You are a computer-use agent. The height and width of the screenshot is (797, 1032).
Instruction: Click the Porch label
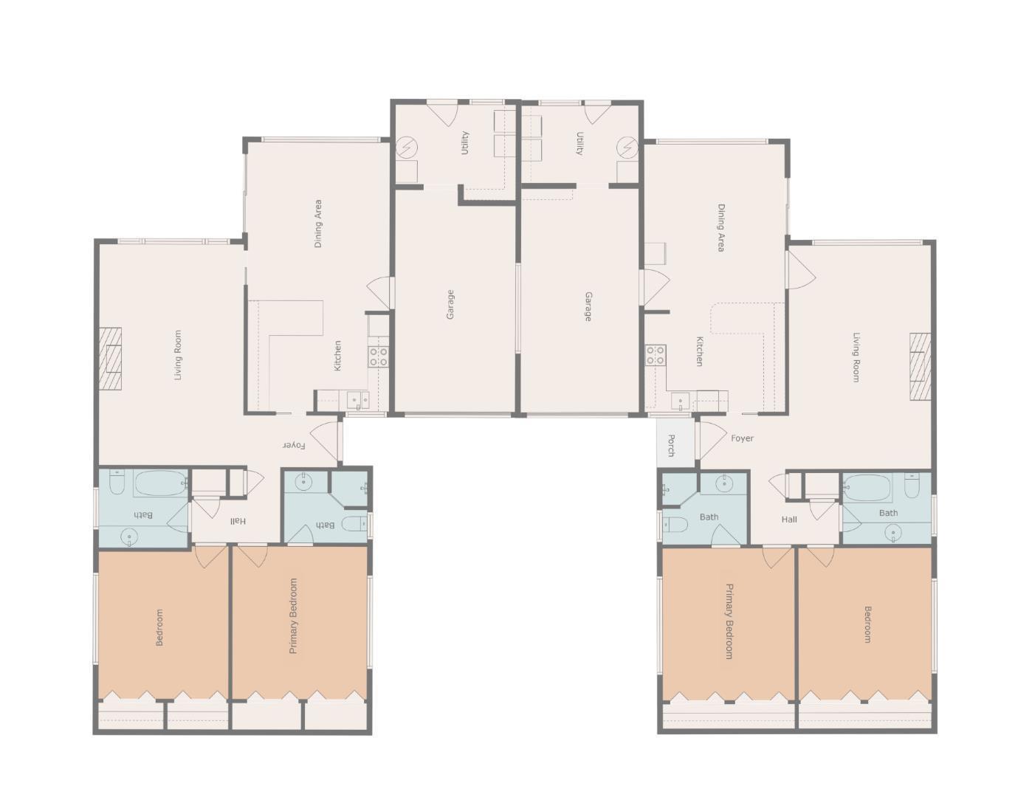[671, 445]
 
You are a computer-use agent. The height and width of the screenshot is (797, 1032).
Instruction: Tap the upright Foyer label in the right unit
[742, 438]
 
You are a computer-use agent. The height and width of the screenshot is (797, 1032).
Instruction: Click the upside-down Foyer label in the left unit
[294, 445]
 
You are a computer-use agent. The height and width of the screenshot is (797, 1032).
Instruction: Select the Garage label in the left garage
[450, 304]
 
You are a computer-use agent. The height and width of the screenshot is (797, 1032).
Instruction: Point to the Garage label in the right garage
[588, 307]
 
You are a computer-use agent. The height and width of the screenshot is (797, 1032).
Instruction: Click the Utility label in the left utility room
[465, 143]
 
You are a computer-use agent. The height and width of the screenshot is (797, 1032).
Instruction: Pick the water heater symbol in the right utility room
[627, 148]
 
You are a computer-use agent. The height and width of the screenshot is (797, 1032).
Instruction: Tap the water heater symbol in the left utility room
[406, 147]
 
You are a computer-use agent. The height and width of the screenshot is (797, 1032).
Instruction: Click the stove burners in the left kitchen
[379, 356]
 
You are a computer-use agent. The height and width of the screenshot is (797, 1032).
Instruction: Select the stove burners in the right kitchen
[655, 355]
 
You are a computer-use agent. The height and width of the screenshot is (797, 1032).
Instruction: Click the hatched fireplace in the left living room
[110, 359]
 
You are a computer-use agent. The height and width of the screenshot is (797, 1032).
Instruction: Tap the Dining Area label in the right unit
[721, 228]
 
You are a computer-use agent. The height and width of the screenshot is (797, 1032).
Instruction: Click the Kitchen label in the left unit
[337, 356]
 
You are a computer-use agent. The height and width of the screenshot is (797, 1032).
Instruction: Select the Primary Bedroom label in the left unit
[294, 615]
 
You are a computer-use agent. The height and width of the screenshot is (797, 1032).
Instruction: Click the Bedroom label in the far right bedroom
[867, 624]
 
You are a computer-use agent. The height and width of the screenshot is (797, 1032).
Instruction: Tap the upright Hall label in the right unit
[789, 520]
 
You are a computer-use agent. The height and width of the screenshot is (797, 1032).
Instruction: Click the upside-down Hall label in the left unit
[238, 521]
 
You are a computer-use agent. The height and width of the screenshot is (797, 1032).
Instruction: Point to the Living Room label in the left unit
[178, 355]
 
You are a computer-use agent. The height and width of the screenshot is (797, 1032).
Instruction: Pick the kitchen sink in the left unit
[357, 400]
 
